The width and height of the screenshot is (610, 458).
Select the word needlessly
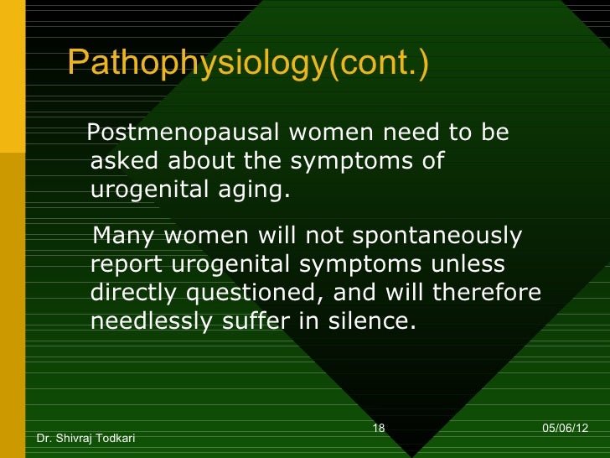click(x=150, y=321)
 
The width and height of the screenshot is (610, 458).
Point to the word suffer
click(x=251, y=321)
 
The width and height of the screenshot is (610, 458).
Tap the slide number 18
click(x=378, y=429)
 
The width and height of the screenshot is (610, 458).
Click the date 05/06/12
click(x=566, y=429)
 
